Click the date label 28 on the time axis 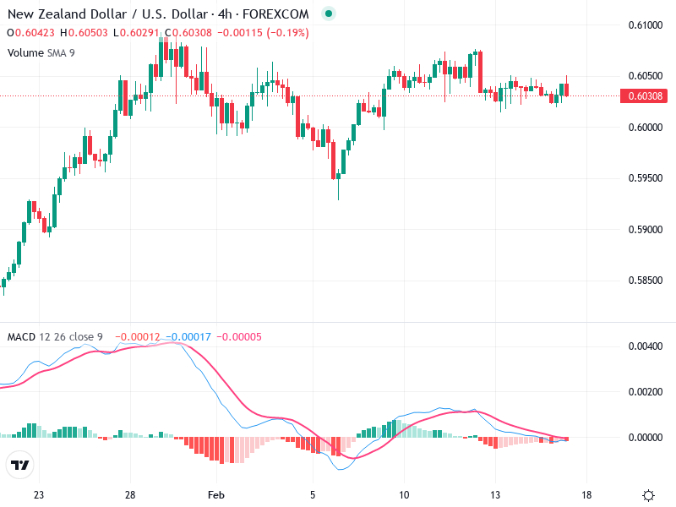(x=130, y=494)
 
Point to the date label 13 (x=495, y=494)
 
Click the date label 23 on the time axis (x=39, y=494)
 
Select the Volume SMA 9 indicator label (x=43, y=52)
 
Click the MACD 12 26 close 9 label (x=55, y=337)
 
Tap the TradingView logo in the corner (x=20, y=466)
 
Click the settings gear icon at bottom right (x=649, y=495)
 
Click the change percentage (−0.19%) (x=287, y=33)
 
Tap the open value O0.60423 (x=30, y=33)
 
